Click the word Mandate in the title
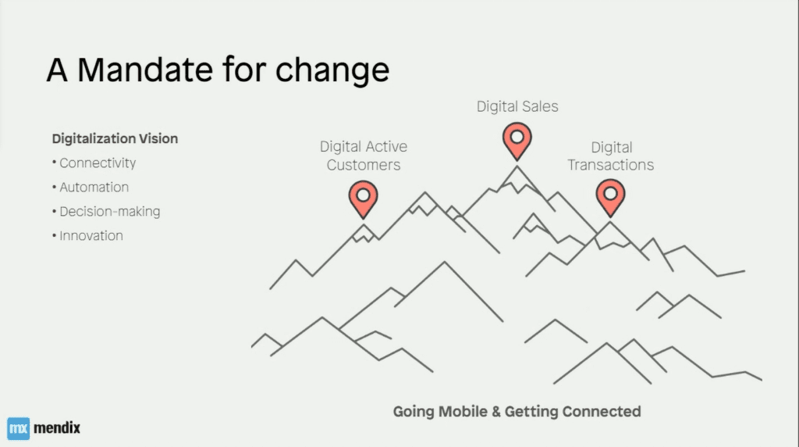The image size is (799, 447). point(144,70)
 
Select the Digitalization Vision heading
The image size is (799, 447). point(115,139)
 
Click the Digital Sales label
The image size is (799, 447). point(517,106)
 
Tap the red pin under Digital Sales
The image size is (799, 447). point(517,141)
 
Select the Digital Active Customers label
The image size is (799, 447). point(364,156)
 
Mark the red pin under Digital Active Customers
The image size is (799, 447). point(364,199)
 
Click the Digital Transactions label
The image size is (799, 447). point(610,156)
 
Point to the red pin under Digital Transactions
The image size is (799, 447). point(610,198)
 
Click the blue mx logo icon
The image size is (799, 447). point(19,428)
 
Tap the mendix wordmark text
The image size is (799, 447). point(56,427)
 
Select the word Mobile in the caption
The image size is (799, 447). point(463,412)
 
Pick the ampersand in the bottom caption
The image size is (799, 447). point(496,412)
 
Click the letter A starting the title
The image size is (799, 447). point(57,70)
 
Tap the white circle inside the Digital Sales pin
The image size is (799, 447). point(517,138)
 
